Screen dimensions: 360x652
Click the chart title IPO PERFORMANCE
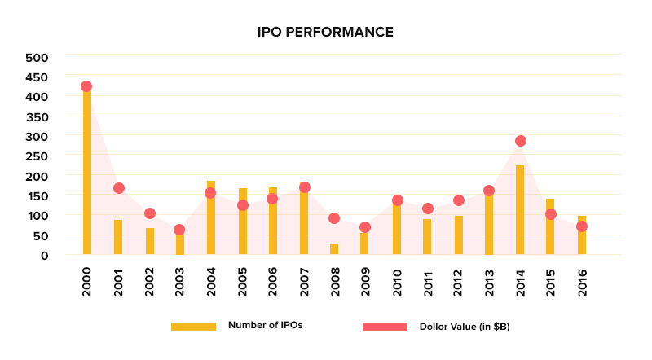[x=325, y=33]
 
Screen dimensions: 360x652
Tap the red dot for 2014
[x=521, y=141]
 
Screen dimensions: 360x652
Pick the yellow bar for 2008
[x=334, y=249]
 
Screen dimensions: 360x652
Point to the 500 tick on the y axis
[x=37, y=58]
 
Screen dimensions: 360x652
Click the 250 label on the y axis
[x=37, y=156]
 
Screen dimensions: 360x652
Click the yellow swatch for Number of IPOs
[x=193, y=327]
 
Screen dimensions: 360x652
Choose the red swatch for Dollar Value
[x=385, y=327]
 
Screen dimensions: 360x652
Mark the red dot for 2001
[x=118, y=188]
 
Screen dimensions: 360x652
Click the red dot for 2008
[x=334, y=218]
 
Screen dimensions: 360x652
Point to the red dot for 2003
[x=180, y=230]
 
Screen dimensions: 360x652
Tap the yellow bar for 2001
[x=118, y=237]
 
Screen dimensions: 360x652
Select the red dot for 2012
[x=459, y=200]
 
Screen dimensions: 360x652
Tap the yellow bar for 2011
[x=427, y=237]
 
